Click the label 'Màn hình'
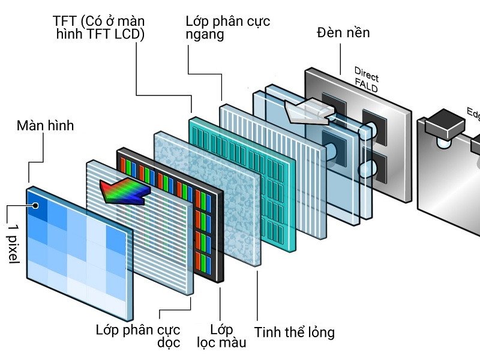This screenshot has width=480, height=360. click(x=45, y=126)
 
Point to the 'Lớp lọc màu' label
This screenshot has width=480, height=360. click(x=221, y=336)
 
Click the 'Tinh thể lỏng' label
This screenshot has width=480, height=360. click(x=294, y=332)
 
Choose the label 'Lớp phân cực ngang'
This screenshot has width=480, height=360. click(x=228, y=28)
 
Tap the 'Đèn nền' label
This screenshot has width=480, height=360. click(x=343, y=32)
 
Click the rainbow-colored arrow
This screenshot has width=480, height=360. click(x=123, y=191)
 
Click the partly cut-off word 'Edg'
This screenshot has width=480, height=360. click(x=473, y=112)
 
